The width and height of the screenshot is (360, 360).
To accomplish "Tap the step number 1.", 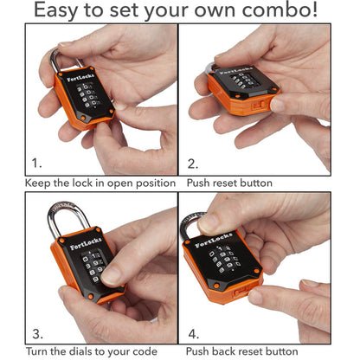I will (36, 162).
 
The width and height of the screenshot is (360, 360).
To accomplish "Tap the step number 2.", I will (194, 162).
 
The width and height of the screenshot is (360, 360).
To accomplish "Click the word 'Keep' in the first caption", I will (39, 183).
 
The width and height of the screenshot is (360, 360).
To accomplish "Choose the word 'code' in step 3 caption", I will (158, 351).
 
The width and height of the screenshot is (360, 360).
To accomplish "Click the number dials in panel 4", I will (222, 263).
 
